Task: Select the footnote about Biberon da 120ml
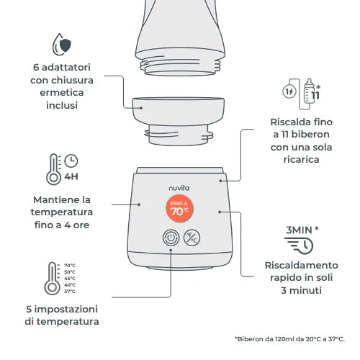[x=289, y=338]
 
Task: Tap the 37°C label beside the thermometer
[x=70, y=292]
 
